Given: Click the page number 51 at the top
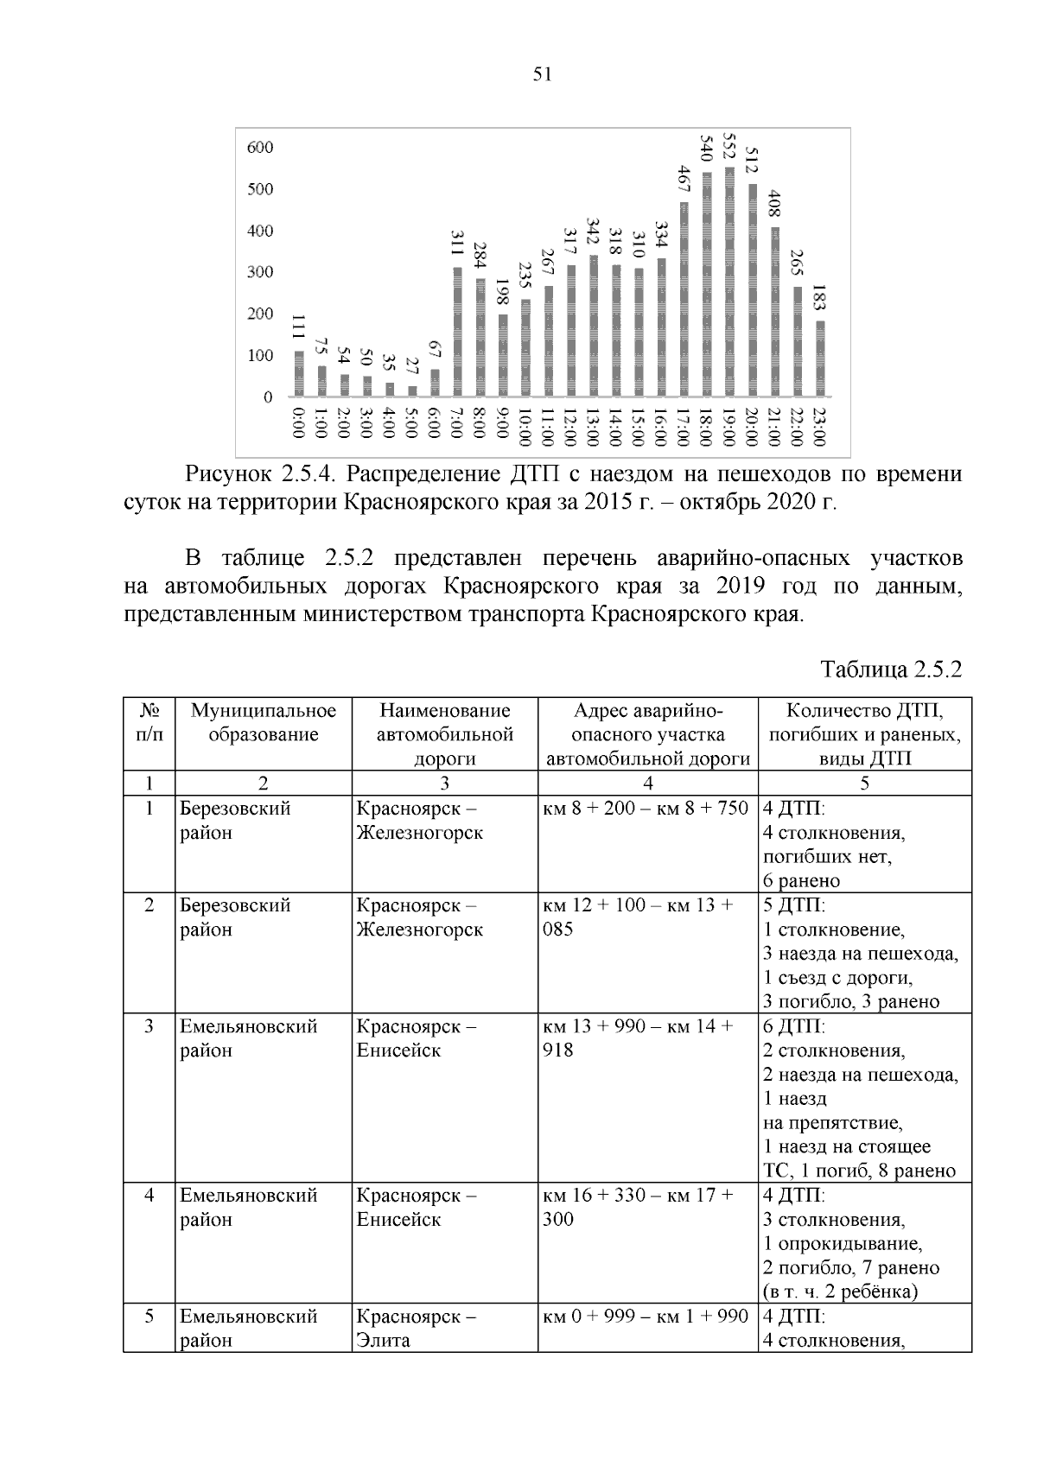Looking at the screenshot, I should point(542,74).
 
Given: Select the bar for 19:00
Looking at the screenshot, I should point(729,282).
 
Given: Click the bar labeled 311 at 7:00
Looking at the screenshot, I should point(458,333).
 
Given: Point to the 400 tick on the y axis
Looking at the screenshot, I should point(259,231).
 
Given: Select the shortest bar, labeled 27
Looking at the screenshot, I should point(412,391).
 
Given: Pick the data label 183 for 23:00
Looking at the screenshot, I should point(819,300).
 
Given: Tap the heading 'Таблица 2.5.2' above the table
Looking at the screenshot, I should point(891,670).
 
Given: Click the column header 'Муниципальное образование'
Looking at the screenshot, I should point(263,723).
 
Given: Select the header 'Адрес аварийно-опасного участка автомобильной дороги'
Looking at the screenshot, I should point(647,734).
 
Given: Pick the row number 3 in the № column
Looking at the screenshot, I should point(150,1026).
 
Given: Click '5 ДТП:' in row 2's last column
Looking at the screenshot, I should point(793,905).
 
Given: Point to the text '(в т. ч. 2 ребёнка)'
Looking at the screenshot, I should point(839,1291).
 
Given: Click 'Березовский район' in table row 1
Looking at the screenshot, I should point(234,821).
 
